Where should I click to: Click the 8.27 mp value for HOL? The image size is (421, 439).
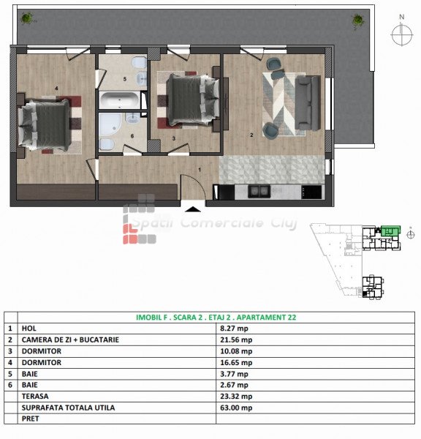pyautogui.click(x=234, y=329)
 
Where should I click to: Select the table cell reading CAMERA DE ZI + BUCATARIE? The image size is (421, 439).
pyautogui.click(x=70, y=339)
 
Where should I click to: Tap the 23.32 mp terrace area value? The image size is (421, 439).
pyautogui.click(x=236, y=396)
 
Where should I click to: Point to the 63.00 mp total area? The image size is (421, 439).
pyautogui.click(x=236, y=408)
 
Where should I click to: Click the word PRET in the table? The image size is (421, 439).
pyautogui.click(x=30, y=419)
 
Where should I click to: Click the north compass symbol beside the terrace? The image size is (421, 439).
pyautogui.click(x=402, y=31)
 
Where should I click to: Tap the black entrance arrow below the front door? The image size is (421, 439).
pyautogui.click(x=193, y=209)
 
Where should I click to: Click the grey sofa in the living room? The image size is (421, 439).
pyautogui.click(x=308, y=102)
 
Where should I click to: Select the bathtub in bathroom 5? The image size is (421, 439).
pyautogui.click(x=119, y=100)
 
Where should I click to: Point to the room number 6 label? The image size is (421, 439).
pyautogui.click(x=132, y=136)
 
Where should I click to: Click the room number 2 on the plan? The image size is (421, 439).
pyautogui.click(x=251, y=135)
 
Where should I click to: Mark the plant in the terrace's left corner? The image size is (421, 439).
pyautogui.click(x=27, y=18)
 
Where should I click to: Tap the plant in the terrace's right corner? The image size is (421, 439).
pyautogui.click(x=357, y=20)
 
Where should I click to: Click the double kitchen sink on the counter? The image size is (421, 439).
pyautogui.click(x=259, y=191)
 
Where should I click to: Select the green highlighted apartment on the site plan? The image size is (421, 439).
pyautogui.click(x=391, y=231)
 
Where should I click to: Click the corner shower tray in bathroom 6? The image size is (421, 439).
pyautogui.click(x=110, y=124)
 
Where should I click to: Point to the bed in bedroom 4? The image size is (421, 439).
pyautogui.click(x=45, y=125)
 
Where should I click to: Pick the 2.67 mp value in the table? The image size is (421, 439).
pyautogui.click(x=234, y=385)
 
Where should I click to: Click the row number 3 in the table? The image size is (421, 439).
pyautogui.click(x=10, y=351)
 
